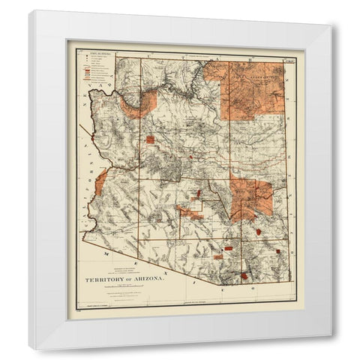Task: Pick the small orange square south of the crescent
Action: (x=150, y=139)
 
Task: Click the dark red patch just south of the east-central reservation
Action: (x=259, y=232)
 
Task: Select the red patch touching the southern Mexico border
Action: (x=247, y=277)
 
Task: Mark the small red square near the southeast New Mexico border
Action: (x=278, y=251)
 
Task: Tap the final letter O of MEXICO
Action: (x=253, y=287)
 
